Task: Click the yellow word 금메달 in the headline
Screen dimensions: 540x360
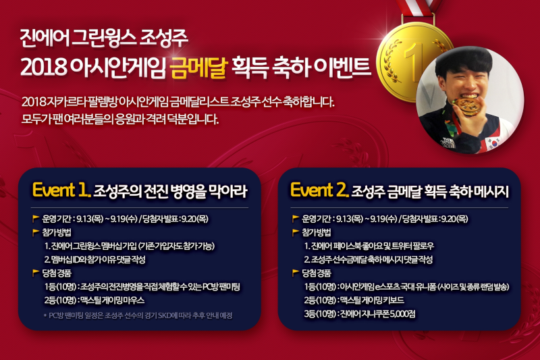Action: [199, 66]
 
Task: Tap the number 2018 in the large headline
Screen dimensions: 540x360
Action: [43, 67]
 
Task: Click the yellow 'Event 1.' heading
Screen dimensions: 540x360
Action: [61, 190]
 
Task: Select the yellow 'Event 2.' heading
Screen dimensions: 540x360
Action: [320, 190]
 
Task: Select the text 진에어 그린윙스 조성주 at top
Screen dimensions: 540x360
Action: [104, 38]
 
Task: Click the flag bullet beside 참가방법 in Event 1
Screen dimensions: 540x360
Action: [36, 232]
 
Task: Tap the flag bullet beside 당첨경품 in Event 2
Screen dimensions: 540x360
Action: [295, 273]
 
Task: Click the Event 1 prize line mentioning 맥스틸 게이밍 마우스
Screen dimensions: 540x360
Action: [94, 301]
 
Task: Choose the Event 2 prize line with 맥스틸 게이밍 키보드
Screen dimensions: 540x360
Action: [354, 300]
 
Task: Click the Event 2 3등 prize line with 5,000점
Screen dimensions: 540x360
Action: [360, 314]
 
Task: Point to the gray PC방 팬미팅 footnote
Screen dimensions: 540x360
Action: [138, 315]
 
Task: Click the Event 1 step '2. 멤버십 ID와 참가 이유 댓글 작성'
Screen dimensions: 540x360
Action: [94, 259]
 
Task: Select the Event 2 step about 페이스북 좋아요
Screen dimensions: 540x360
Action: [369, 246]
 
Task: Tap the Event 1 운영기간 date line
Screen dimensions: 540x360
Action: [125, 219]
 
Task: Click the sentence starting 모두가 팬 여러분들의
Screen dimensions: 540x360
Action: [120, 119]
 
